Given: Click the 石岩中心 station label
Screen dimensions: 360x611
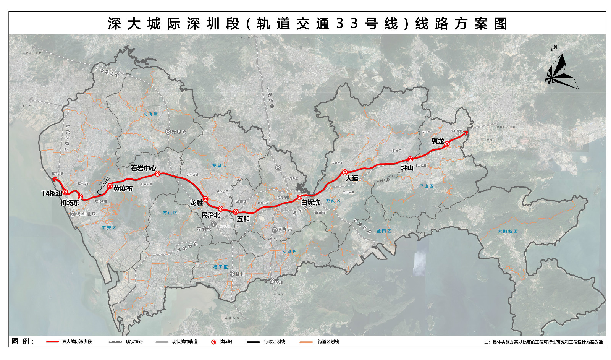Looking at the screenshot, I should (143, 168).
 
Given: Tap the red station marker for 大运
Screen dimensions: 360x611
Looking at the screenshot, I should (344, 172).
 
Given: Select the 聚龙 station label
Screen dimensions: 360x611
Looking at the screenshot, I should (438, 141).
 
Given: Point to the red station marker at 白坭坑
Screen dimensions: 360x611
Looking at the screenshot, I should (299, 197).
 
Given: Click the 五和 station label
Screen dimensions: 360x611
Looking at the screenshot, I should (243, 219).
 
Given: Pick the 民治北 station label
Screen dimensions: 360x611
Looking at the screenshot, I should (211, 215).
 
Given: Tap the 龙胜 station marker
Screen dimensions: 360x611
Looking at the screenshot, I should (205, 199).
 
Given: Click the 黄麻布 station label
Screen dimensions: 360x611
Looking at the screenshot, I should (123, 188).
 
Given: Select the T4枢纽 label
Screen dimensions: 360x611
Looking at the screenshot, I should (52, 193).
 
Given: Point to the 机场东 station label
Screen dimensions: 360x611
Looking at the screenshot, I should (70, 203).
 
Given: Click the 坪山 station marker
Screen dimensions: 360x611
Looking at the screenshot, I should (411, 159).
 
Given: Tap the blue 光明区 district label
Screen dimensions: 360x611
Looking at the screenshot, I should (150, 114).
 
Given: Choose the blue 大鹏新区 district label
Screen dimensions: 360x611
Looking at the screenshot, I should (508, 231).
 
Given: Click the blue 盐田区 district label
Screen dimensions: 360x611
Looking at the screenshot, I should (384, 231).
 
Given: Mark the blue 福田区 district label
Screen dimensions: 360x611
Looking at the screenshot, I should (220, 267).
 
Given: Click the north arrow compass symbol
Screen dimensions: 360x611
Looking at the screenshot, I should (558, 71).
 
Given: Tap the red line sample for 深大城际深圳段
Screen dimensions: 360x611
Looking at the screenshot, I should (52, 342).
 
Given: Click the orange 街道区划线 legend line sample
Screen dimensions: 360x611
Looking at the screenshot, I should (306, 342).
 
